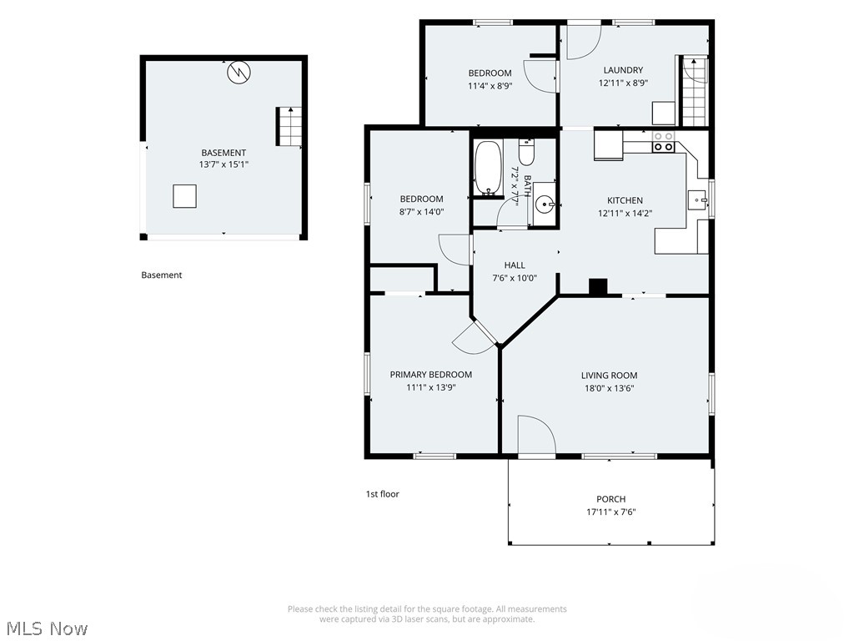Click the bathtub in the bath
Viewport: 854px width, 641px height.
(487, 168)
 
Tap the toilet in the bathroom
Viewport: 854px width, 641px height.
(526, 152)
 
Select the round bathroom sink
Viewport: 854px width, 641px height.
(544, 205)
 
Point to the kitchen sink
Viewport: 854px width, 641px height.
(697, 200)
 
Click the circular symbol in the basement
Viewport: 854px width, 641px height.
(239, 72)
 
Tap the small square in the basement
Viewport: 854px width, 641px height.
(184, 196)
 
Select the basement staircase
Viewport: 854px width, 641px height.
(289, 127)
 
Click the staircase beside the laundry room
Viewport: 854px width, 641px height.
(695, 91)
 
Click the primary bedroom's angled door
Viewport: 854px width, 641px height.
(473, 338)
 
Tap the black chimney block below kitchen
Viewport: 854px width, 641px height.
(598, 287)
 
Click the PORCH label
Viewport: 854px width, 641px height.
(610, 499)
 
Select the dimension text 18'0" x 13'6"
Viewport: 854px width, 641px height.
(609, 388)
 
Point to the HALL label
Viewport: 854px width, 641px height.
(514, 265)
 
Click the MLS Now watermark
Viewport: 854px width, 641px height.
(48, 628)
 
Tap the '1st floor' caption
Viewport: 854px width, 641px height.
(382, 494)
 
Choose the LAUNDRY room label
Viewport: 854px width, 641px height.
(623, 70)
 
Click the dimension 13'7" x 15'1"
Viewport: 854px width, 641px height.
(224, 164)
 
